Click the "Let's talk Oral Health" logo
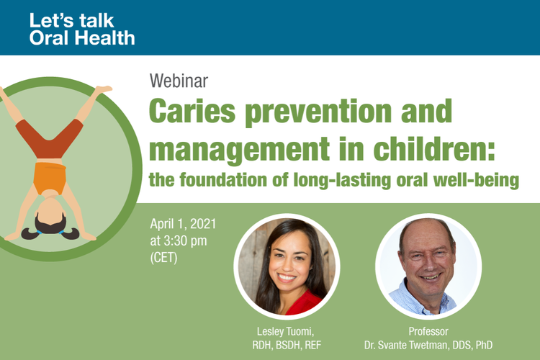[82, 30]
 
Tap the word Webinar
[179, 81]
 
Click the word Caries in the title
[192, 111]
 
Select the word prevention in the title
[318, 112]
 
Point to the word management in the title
[239, 150]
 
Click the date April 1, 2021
[183, 224]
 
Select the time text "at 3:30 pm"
[179, 240]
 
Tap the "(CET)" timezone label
[163, 257]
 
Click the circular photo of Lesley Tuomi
[287, 266]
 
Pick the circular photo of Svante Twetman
[428, 266]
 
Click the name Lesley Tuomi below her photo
[286, 331]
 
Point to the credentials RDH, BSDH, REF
[287, 345]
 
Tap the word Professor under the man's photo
[428, 331]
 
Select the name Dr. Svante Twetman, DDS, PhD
[428, 345]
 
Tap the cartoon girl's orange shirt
[50, 178]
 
